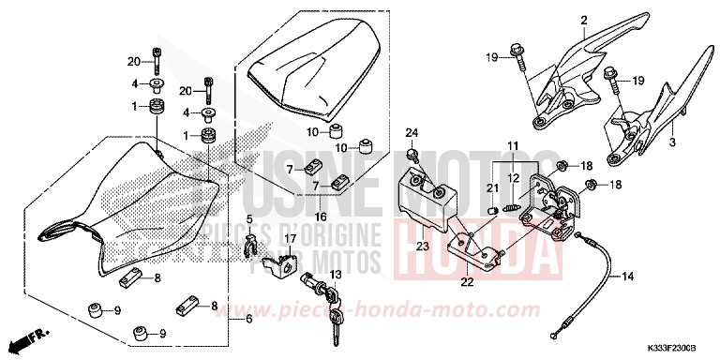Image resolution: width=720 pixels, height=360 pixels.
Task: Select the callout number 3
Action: coord(672,142)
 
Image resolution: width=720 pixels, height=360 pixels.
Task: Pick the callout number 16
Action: coord(321,217)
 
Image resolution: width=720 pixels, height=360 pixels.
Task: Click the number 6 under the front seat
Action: coord(248,320)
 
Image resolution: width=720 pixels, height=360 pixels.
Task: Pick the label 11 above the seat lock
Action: coord(514,143)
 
